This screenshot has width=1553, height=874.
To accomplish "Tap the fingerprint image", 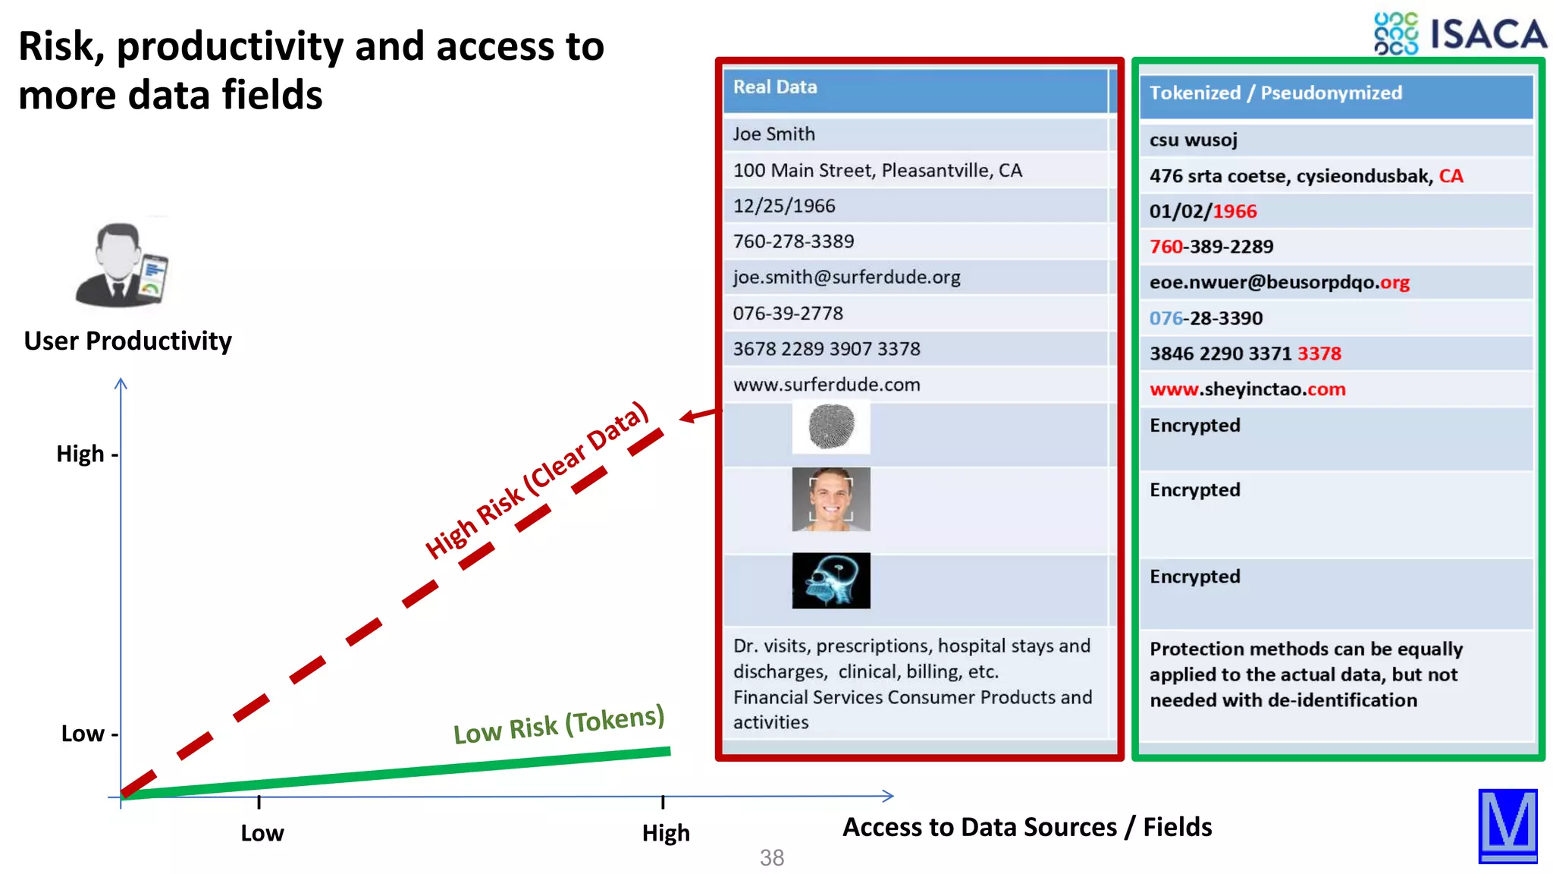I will pyautogui.click(x=831, y=426).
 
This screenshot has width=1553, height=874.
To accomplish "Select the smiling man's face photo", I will pyautogui.click(x=831, y=499).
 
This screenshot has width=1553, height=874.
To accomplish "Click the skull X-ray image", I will pyautogui.click(x=831, y=580).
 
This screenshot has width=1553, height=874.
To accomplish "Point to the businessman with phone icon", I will pyautogui.click(x=121, y=265).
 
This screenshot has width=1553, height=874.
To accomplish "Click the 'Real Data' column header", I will pyautogui.click(x=774, y=87).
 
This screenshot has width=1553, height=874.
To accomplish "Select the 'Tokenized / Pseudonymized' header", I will pyautogui.click(x=1275, y=93).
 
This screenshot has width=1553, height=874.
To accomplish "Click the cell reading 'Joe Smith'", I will pyautogui.click(x=773, y=134).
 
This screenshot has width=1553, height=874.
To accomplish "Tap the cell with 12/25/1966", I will pyautogui.click(x=783, y=206).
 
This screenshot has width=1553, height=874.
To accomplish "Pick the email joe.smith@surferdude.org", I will pyautogui.click(x=846, y=278).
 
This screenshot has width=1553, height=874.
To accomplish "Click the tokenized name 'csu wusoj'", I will pyautogui.click(x=1193, y=140).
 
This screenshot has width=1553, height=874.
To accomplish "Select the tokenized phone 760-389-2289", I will pyautogui.click(x=1211, y=247).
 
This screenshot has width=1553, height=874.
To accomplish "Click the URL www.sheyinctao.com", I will pyautogui.click(x=1247, y=389).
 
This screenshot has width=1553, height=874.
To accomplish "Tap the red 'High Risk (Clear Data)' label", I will pyautogui.click(x=537, y=480).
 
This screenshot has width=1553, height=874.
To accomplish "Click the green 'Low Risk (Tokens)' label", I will pyautogui.click(x=559, y=725).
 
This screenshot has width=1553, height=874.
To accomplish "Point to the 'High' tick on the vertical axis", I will pyautogui.click(x=86, y=454).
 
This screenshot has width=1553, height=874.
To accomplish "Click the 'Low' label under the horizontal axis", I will pyautogui.click(x=262, y=832).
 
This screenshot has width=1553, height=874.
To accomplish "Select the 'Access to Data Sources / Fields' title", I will pyautogui.click(x=1027, y=826).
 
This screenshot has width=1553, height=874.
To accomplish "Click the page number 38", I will pyautogui.click(x=772, y=857).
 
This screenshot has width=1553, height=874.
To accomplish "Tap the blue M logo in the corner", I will pyautogui.click(x=1508, y=825).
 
